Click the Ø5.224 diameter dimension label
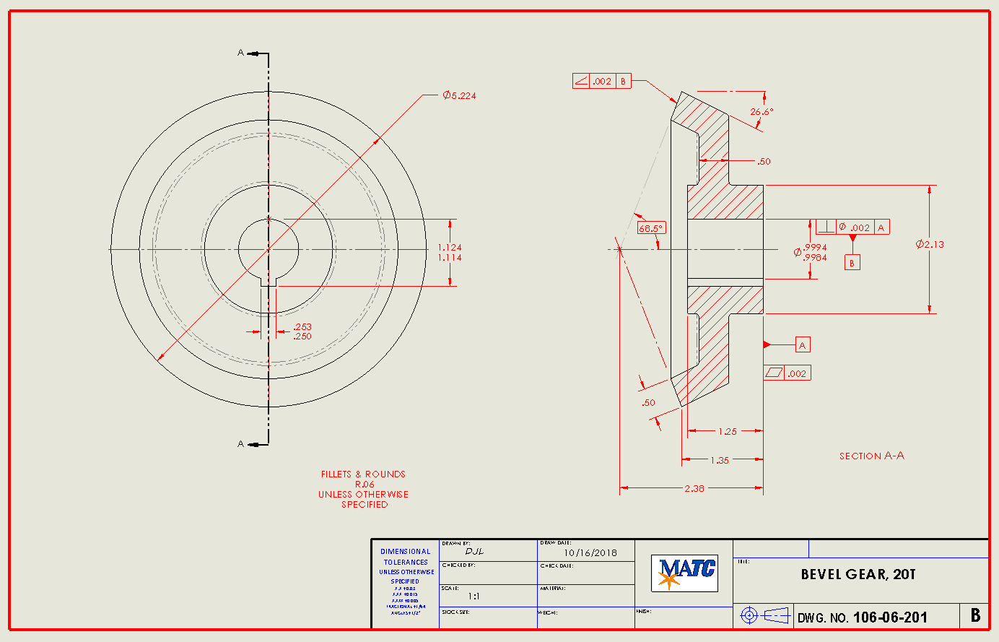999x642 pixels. click(459, 95)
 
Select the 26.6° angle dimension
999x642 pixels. click(761, 112)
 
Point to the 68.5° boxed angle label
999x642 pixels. click(650, 228)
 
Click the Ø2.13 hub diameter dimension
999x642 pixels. click(930, 244)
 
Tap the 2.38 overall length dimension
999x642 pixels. click(694, 489)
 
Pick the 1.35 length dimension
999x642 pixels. click(720, 460)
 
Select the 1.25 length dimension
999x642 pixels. click(727, 431)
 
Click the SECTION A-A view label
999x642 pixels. click(871, 456)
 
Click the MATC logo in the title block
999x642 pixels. click(684, 573)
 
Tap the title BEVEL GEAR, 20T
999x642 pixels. click(858, 575)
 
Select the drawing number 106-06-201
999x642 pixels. click(889, 617)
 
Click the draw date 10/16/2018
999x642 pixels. click(590, 552)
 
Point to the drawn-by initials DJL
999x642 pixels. click(474, 551)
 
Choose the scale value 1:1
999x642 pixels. click(474, 597)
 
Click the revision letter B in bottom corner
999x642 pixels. click(975, 615)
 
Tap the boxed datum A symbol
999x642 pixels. click(802, 345)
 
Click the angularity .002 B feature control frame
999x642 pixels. click(601, 82)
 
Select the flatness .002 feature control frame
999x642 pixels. click(787, 373)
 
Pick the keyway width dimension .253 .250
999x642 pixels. click(302, 331)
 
